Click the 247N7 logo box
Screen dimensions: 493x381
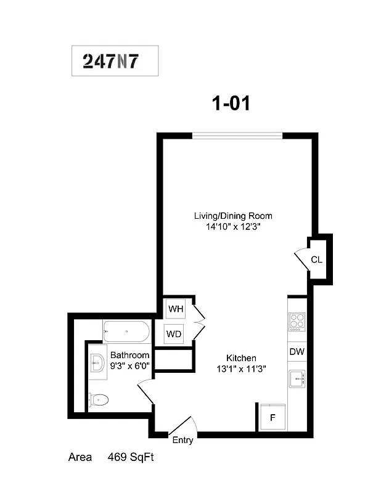point(115,61)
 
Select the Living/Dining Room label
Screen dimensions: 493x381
point(233,216)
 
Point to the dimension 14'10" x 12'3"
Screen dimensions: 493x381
point(233,226)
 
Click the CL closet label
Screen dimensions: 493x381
point(316,259)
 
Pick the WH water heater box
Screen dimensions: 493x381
point(173,308)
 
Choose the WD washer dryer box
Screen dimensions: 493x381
point(173,334)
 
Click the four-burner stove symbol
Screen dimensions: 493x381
point(297,322)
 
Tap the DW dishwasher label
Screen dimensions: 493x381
point(297,352)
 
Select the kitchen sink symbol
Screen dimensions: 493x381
point(297,378)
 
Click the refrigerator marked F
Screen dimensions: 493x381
point(272,418)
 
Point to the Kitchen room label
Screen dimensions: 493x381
point(241,358)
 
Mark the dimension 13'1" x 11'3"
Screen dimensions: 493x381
point(241,369)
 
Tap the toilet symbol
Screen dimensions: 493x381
point(99,400)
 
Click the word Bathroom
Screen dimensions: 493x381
point(129,356)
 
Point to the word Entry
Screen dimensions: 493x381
point(182,440)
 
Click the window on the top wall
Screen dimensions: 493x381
point(237,136)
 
